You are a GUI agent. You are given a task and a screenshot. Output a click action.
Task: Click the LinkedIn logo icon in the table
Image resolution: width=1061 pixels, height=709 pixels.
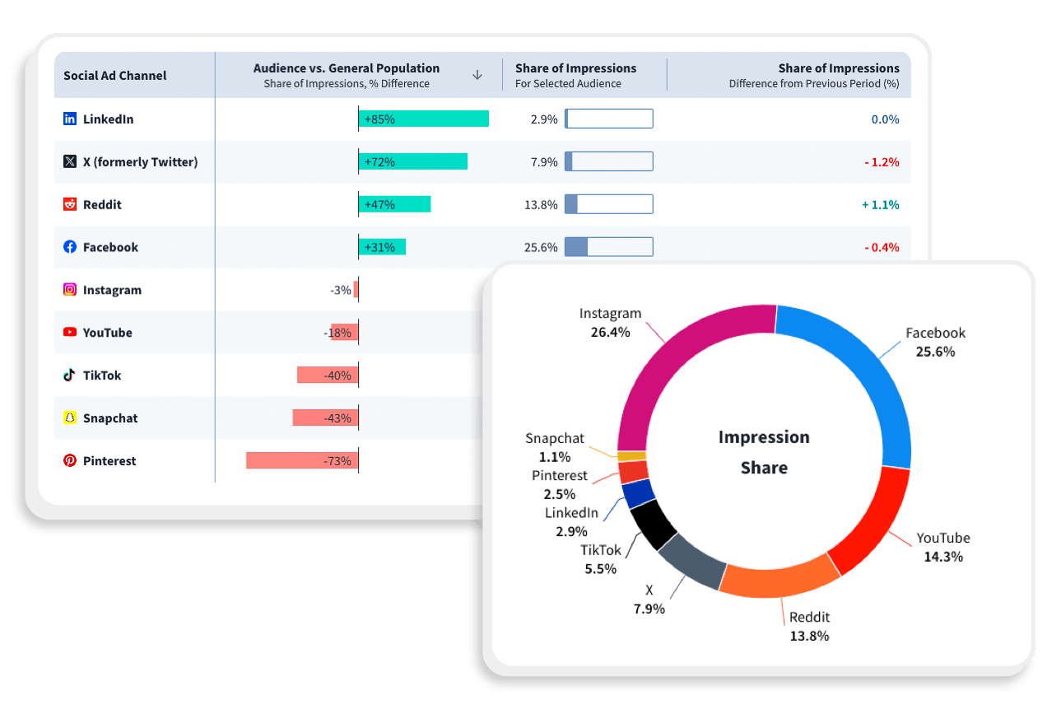70,119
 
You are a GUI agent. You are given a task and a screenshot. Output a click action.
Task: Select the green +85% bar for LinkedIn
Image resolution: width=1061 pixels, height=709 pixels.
424,119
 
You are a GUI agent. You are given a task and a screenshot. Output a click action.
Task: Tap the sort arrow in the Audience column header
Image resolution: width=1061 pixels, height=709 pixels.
477,75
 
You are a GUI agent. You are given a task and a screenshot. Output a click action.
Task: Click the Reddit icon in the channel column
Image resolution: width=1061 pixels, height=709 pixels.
70,204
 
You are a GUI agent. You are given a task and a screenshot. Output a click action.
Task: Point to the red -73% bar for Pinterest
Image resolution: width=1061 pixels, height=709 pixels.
302,461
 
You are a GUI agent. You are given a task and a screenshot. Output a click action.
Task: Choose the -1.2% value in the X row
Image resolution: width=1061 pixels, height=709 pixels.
882,162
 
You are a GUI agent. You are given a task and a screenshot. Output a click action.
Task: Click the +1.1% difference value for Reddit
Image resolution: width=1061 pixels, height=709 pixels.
880,205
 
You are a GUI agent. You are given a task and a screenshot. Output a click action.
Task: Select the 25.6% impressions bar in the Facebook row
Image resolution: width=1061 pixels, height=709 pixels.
608,247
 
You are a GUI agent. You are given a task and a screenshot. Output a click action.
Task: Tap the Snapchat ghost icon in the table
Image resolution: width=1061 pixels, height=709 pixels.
70,418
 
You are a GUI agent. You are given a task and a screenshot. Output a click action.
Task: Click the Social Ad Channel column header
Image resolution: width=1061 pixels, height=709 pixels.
115,76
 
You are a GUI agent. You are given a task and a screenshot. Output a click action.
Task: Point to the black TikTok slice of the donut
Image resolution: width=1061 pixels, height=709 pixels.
652,525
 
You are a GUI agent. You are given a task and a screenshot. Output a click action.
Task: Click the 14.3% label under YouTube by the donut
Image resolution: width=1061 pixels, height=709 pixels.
943,557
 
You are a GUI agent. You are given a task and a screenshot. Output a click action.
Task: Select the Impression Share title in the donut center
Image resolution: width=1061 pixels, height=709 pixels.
764,452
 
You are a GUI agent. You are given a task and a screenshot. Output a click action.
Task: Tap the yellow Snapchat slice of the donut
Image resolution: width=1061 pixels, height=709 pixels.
631,456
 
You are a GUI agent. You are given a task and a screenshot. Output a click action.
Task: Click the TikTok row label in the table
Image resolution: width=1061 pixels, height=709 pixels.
102,375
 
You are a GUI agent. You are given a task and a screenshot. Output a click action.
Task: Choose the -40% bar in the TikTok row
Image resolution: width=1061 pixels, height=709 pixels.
328,375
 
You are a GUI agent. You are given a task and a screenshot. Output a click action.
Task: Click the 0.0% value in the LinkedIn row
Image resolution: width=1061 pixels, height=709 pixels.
885,119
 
